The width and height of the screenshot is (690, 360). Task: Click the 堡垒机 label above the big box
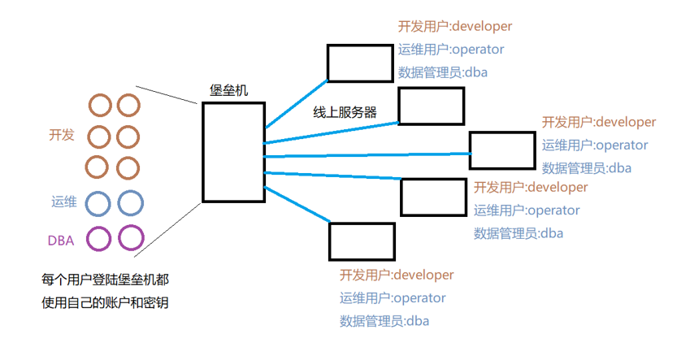(x=229, y=90)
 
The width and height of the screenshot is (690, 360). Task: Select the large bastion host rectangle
(x=233, y=152)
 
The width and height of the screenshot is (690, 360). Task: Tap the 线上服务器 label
(x=345, y=112)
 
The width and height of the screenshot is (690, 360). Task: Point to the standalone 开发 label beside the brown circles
(x=62, y=135)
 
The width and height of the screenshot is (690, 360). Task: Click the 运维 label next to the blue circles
(x=63, y=202)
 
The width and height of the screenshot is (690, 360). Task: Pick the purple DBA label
(x=62, y=240)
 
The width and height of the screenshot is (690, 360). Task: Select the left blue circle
(x=98, y=202)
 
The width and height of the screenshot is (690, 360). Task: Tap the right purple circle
(x=131, y=238)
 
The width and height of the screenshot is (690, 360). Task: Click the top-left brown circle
(x=100, y=105)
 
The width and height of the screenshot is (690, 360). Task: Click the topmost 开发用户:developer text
(x=455, y=27)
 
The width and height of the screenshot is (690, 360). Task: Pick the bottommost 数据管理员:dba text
(x=384, y=321)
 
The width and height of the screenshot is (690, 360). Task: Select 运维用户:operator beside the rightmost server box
(x=595, y=145)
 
